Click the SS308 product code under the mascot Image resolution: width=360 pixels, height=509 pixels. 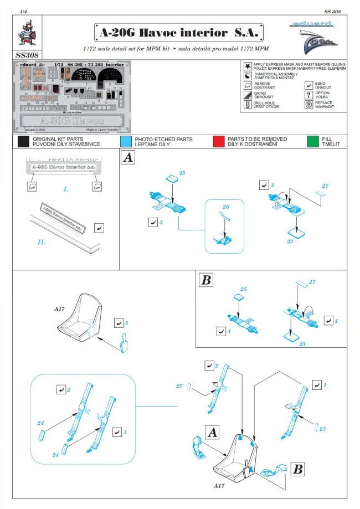(x=26, y=55)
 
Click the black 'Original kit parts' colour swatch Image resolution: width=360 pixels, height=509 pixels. (x=23, y=141)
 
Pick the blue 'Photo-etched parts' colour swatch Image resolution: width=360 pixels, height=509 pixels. (x=126, y=141)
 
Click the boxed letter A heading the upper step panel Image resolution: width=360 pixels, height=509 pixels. (x=128, y=158)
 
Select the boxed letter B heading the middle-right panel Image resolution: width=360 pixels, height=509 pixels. (x=206, y=280)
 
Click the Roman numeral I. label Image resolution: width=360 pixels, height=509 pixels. (x=65, y=189)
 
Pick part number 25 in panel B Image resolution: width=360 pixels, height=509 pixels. (x=242, y=289)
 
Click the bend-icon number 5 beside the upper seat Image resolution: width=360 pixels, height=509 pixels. (x=126, y=322)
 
